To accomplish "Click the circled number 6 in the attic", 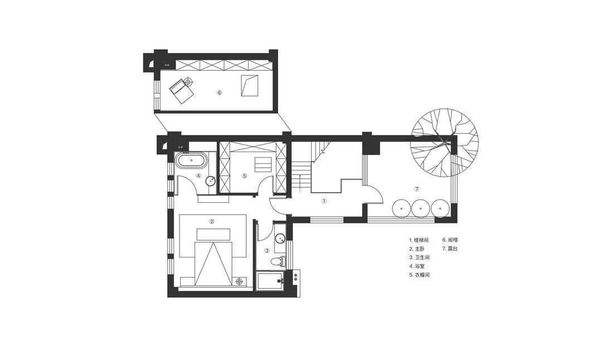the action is pyautogui.click(x=220, y=93).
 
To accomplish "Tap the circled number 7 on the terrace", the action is pyautogui.click(x=417, y=189).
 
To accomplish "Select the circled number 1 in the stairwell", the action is pyautogui.click(x=324, y=201).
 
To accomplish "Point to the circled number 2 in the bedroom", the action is pyautogui.click(x=211, y=221).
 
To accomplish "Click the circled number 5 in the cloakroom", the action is pyautogui.click(x=244, y=176).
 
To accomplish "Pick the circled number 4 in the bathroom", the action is pyautogui.click(x=198, y=176).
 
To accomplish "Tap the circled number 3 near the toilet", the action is pyautogui.click(x=267, y=251).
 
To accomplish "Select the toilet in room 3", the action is pyautogui.click(x=277, y=262).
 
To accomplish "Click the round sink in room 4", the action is pyautogui.click(x=211, y=181).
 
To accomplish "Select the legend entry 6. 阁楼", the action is pyautogui.click(x=450, y=240).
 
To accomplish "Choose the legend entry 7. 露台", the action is pyautogui.click(x=450, y=249).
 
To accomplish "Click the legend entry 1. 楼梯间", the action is pyautogui.click(x=419, y=240).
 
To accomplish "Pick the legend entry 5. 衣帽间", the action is pyautogui.click(x=419, y=275).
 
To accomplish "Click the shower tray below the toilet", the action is pyautogui.click(x=270, y=282).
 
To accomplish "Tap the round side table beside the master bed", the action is pyautogui.click(x=240, y=281).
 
